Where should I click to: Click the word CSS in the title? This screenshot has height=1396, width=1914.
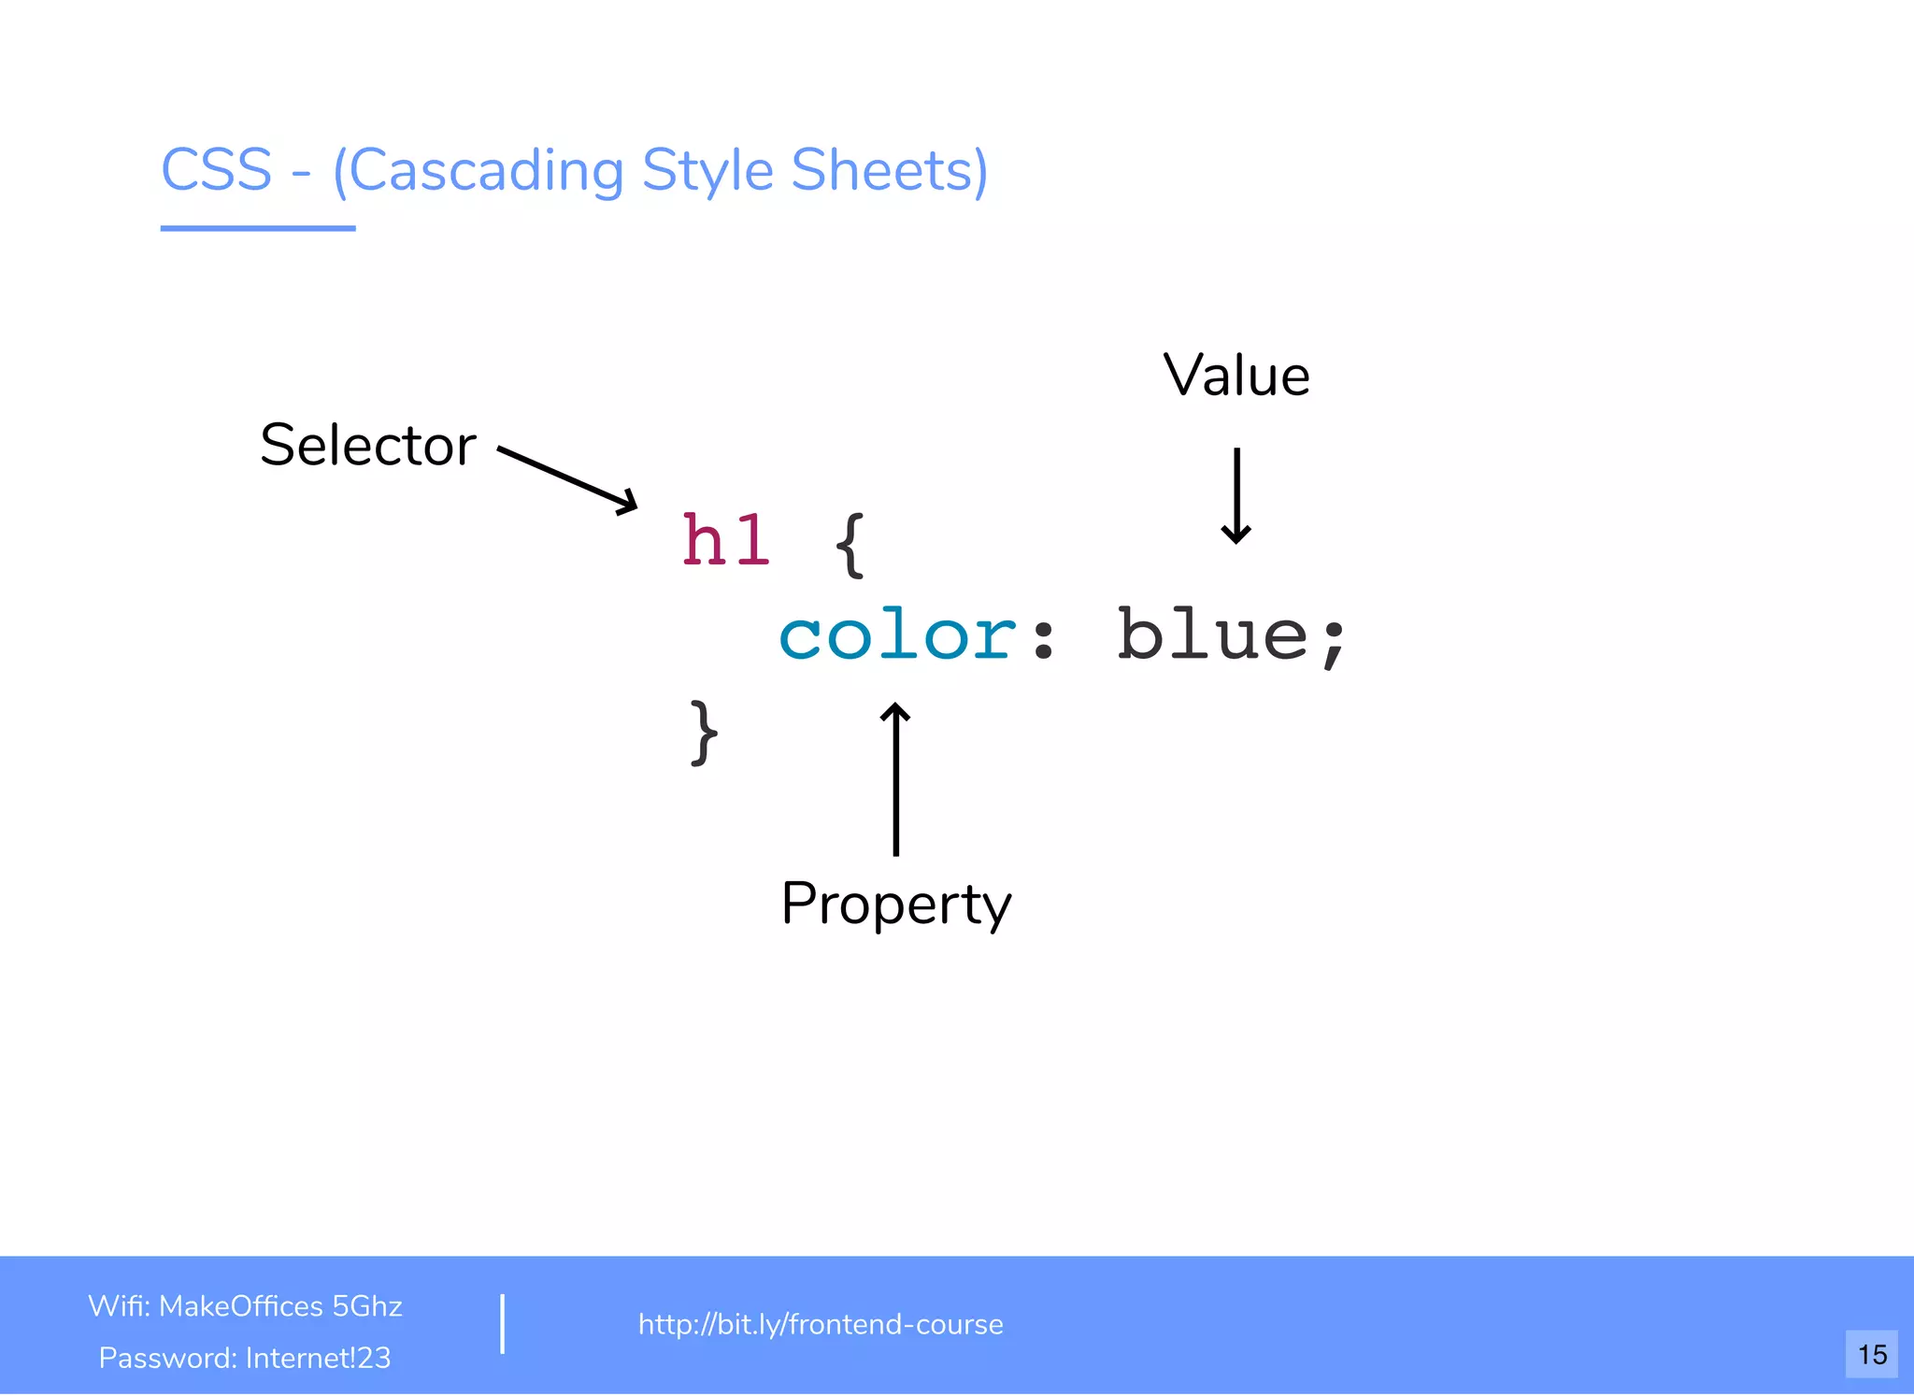217,170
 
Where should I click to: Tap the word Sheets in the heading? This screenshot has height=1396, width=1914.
888,170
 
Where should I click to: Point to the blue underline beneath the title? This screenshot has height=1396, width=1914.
258,227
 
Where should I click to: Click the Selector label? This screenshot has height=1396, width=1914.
368,445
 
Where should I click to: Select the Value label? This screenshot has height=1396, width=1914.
1236,376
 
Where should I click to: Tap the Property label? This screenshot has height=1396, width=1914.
895,904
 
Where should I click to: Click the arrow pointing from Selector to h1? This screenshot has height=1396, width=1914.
567,479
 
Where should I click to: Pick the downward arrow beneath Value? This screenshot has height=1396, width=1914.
1236,496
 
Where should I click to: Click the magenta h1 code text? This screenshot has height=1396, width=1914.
726,542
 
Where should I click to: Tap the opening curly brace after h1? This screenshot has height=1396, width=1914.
850,546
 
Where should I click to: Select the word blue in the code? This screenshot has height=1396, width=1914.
1213,635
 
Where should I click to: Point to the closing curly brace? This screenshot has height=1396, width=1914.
704,734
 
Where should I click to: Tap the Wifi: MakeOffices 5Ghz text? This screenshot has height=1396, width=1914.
245,1305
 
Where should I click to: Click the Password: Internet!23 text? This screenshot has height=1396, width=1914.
245,1357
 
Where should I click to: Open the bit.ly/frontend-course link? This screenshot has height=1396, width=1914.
820,1324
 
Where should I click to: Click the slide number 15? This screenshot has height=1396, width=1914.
1871,1354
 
